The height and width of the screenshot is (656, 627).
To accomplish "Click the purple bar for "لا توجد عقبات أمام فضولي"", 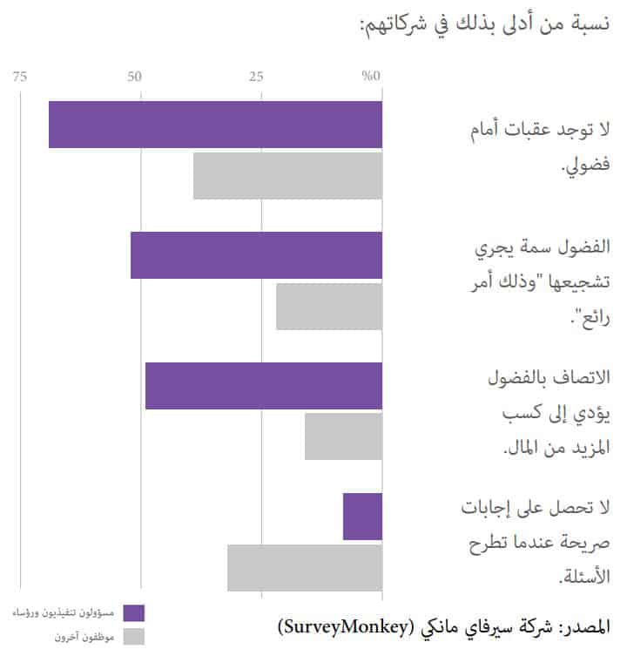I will pos(215,125).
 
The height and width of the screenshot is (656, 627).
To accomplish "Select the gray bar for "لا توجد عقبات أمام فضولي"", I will pos(287,175).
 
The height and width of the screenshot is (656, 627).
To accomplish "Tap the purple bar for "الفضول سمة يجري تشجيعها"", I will pos(256,255).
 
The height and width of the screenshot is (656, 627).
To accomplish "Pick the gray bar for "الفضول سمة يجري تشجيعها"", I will pos(329,307).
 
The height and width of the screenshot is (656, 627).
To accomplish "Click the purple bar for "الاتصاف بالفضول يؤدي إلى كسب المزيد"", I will pos(263,386).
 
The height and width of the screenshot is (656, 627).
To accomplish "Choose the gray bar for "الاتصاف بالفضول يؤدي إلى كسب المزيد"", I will pos(343,436).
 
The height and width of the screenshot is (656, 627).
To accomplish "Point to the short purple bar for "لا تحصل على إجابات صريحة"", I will pos(362,517).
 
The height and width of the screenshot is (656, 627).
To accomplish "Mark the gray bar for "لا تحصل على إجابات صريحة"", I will pos(305,568).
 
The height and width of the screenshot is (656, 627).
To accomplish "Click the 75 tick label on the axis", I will pos(20,78).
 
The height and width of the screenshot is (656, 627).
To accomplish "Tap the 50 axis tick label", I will pos(134,78).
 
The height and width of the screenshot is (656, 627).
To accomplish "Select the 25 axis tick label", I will pos(256,78).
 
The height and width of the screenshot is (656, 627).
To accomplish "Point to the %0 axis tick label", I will pos(372,78).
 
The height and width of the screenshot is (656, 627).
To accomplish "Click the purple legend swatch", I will pos(133,613).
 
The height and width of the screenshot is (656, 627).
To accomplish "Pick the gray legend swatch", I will pos(133,637).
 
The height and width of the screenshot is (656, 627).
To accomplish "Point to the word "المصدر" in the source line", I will pos(584,627).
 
